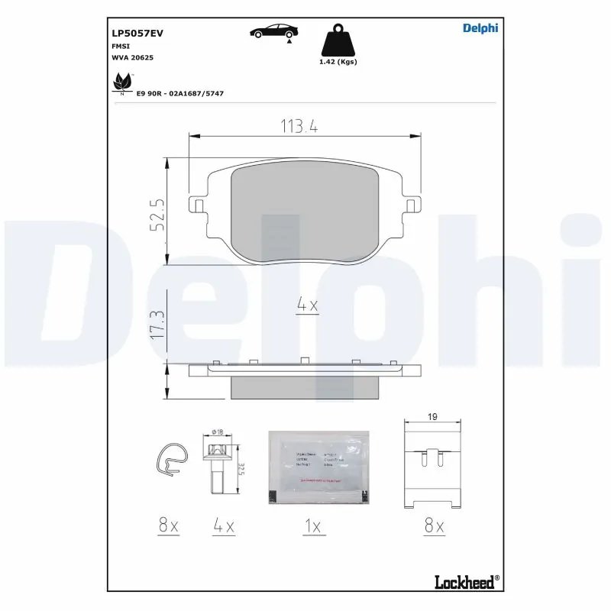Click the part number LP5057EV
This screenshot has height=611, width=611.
pos(137,34)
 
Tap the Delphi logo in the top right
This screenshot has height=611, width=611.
pos(480,28)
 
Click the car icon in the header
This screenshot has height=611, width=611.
pos(274,31)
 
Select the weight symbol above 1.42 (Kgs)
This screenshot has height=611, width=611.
pos(338,41)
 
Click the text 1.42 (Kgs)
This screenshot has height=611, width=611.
pos(338,62)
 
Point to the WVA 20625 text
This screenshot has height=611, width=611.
pos(132,57)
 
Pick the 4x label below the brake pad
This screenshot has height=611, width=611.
pos(306,305)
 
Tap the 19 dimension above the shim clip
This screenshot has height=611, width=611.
pos(432,418)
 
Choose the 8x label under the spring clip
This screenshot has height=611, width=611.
pos(168,526)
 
